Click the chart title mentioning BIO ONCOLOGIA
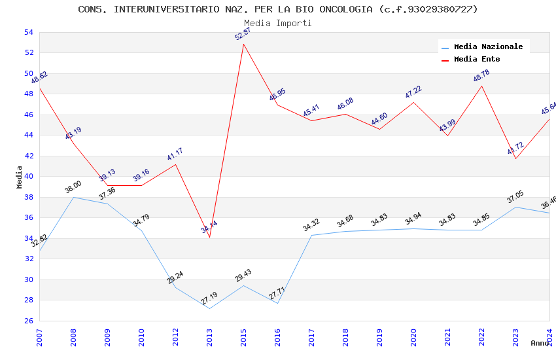coord(278,9)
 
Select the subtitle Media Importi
coord(278,23)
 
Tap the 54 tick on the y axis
coord(28,32)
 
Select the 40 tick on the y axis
coord(28,177)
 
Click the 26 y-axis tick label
coord(28,321)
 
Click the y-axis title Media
coord(20,177)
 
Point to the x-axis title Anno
coord(540,343)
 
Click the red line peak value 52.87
coord(243,34)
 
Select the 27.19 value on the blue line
coord(209,298)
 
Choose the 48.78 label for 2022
coord(481,76)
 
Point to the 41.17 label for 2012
coord(175,154)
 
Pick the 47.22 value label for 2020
coord(413,92)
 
